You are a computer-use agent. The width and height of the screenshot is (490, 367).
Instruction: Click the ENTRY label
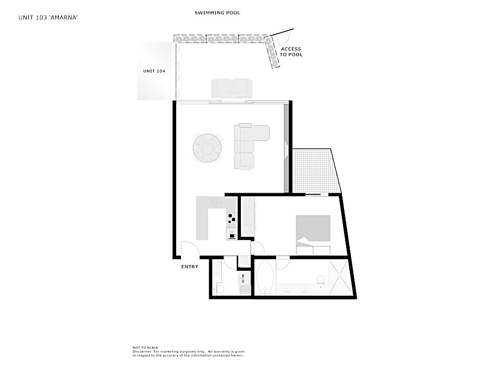click(x=190, y=267)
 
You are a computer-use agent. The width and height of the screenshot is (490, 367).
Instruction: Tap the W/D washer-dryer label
click(x=242, y=279)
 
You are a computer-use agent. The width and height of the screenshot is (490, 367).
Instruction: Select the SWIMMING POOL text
click(x=217, y=13)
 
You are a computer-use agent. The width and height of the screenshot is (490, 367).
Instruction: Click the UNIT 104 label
click(x=154, y=71)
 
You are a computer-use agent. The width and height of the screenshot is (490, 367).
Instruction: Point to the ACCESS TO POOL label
click(x=291, y=52)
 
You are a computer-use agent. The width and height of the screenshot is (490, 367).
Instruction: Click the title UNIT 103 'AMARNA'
click(x=48, y=18)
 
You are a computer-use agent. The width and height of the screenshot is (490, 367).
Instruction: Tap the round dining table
click(x=207, y=148)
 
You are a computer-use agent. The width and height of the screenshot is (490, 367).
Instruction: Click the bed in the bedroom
click(x=313, y=235)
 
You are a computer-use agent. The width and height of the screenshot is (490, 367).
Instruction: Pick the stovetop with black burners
click(x=231, y=217)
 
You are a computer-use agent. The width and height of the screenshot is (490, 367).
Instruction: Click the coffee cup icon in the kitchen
click(x=232, y=236)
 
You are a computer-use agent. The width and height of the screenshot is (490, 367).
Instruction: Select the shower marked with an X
click(x=340, y=277)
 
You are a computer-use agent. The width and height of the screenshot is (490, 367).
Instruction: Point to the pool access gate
click(x=282, y=35)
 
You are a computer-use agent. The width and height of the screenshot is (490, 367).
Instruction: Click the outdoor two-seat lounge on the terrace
click(x=232, y=88)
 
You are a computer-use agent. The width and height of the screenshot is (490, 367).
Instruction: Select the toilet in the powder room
click(x=219, y=289)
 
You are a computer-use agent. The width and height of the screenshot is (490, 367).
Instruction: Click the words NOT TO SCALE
click(x=145, y=347)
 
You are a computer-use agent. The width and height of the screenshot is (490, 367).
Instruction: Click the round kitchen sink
click(x=216, y=202)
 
